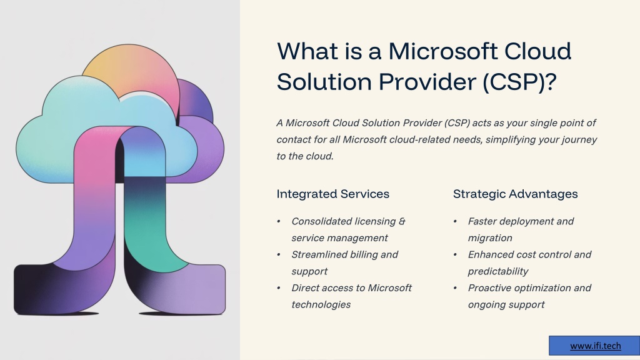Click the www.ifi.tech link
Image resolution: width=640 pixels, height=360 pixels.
(595, 346)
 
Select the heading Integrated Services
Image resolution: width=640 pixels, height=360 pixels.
(332, 194)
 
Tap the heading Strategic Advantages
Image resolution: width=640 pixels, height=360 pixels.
(515, 194)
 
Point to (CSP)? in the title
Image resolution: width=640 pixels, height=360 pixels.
(519, 82)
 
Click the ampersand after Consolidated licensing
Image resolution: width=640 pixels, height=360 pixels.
(402, 221)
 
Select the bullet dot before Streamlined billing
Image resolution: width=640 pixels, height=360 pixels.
(279, 255)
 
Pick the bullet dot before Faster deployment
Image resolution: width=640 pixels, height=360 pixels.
(455, 221)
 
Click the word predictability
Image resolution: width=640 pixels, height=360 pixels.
(498, 271)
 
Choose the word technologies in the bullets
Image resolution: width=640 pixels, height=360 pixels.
(321, 304)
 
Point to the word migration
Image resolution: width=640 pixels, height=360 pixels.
(490, 238)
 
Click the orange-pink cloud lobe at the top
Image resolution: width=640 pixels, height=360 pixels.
(135, 69)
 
